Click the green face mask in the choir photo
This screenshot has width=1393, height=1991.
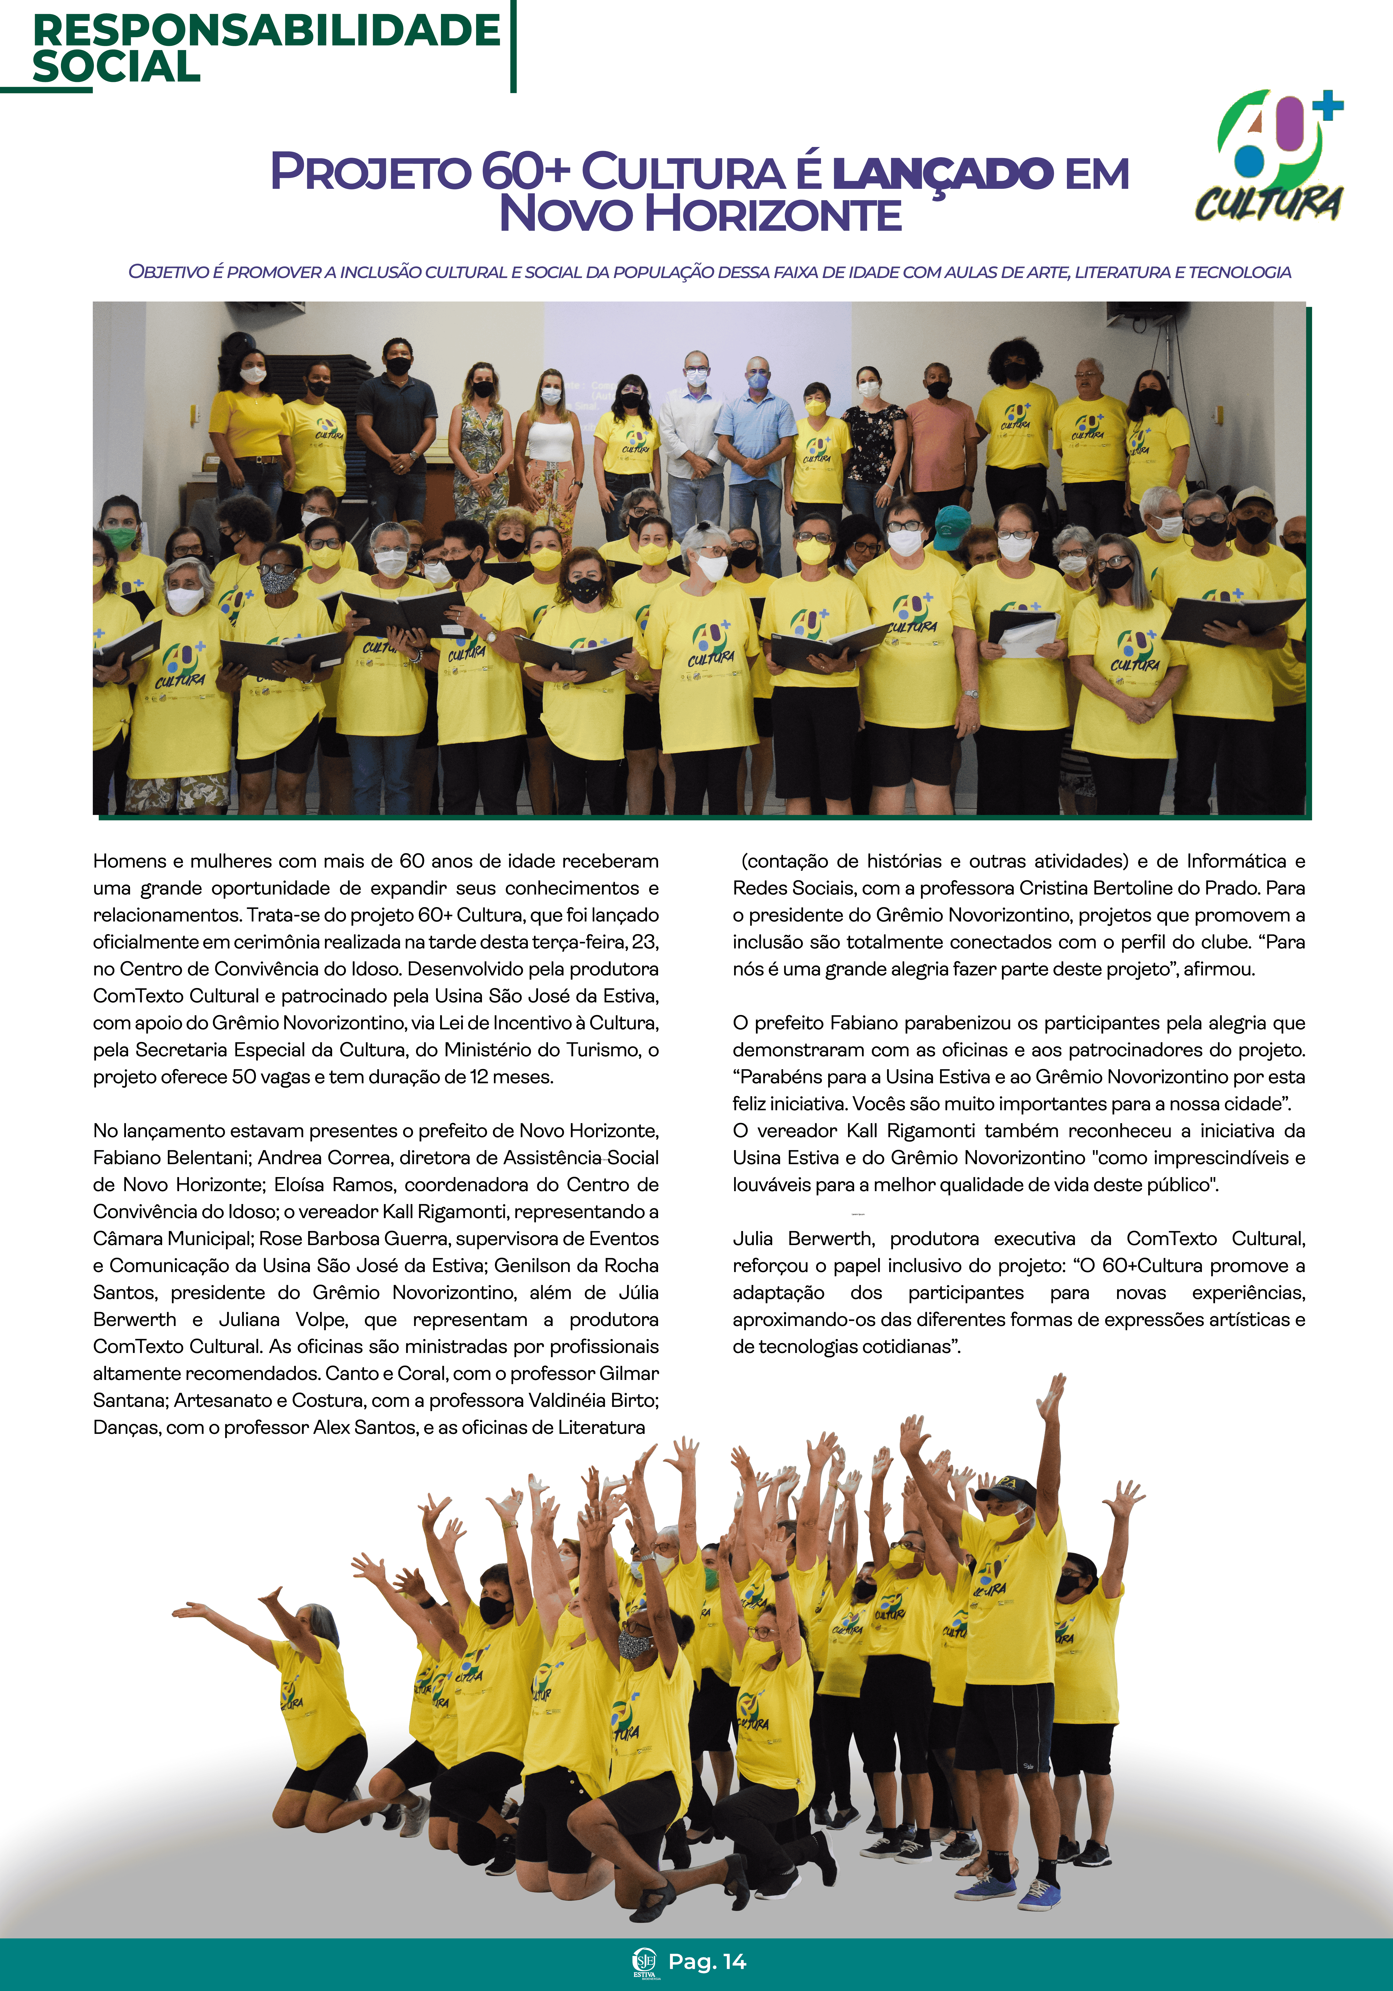121,539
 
